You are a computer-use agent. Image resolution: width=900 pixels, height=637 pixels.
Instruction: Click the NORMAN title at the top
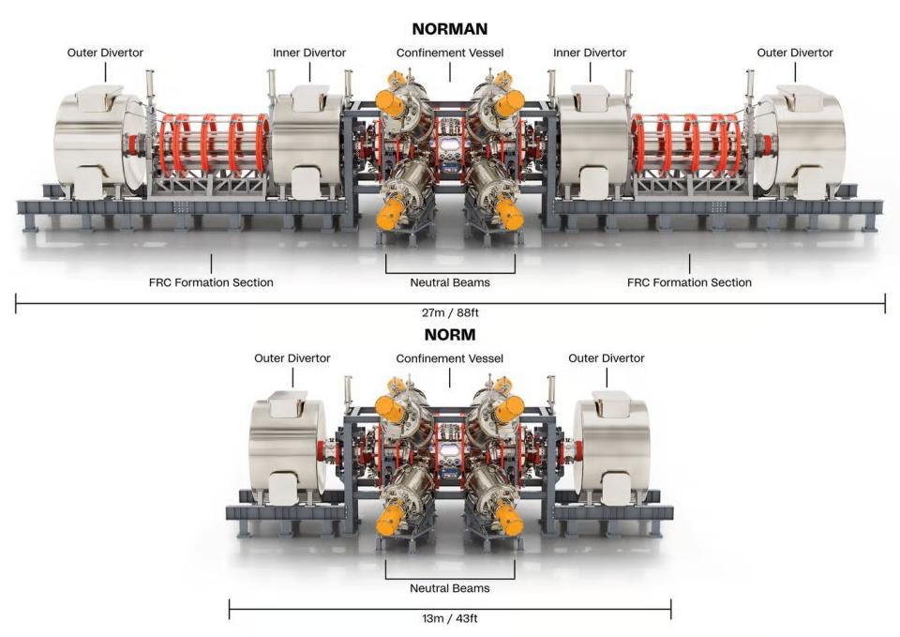pyautogui.click(x=450, y=29)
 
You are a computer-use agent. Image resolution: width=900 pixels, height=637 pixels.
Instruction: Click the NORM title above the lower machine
pyautogui.click(x=450, y=334)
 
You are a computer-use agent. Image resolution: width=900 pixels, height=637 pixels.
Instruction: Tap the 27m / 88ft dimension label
pyautogui.click(x=450, y=312)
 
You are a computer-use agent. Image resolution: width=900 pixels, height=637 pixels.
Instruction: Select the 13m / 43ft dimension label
pyautogui.click(x=450, y=618)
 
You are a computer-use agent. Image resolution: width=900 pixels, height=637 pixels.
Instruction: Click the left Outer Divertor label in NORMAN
pyautogui.click(x=105, y=53)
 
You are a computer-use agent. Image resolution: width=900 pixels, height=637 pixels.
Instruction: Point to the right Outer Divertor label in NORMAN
pyautogui.click(x=795, y=53)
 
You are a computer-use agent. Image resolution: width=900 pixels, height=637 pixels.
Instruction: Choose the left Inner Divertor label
pyautogui.click(x=309, y=53)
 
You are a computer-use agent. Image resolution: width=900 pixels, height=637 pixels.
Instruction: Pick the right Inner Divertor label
pyautogui.click(x=590, y=53)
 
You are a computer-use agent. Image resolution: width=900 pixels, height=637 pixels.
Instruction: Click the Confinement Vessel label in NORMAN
pyautogui.click(x=450, y=53)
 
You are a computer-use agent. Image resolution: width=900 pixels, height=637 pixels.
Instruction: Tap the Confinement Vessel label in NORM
pyautogui.click(x=450, y=358)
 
